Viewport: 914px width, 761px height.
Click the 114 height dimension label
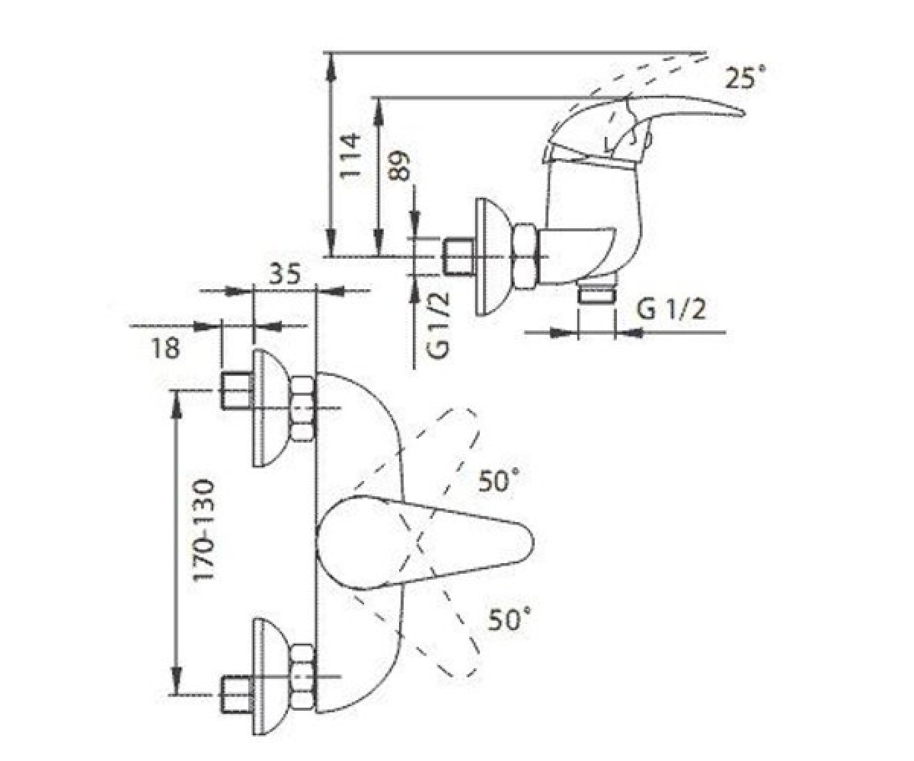click(x=350, y=155)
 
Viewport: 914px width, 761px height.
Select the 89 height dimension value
click(x=399, y=166)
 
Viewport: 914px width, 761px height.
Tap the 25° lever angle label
click(x=745, y=78)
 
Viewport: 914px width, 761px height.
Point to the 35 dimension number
click(x=285, y=275)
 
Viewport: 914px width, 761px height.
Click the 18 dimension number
click(x=165, y=349)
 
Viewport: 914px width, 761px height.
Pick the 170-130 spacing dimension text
click(x=204, y=530)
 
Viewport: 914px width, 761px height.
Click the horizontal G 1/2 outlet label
click(x=671, y=310)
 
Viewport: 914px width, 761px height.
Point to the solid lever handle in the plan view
click(x=424, y=543)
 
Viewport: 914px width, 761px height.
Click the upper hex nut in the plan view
click(x=303, y=408)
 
